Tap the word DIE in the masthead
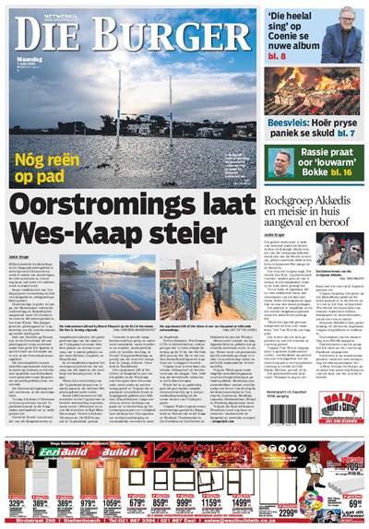(56, 39)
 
